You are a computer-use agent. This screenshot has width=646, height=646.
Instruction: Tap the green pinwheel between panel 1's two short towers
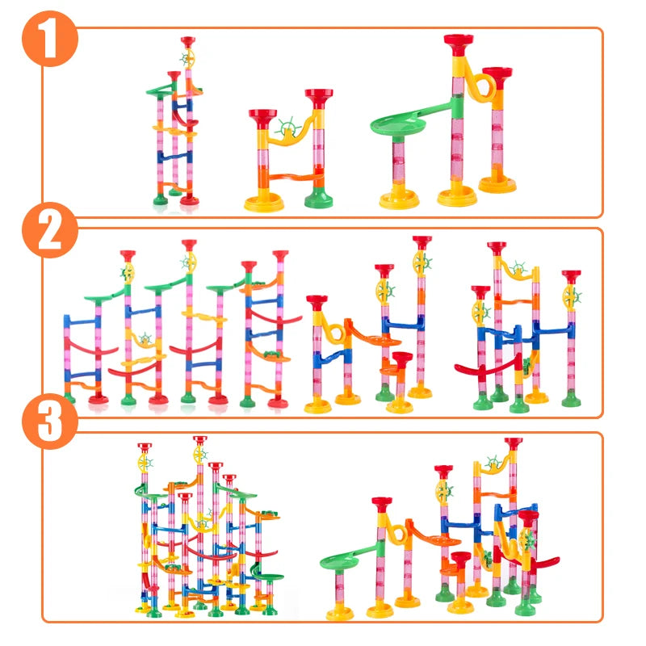[x=285, y=128]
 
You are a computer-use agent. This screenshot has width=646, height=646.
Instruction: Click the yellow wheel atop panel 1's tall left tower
[x=188, y=58]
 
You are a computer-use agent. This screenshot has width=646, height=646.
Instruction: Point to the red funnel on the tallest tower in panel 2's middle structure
[x=421, y=241]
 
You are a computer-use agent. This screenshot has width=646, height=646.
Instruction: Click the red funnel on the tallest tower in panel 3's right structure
[x=513, y=443]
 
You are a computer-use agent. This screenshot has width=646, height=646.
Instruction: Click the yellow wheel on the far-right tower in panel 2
[x=573, y=296]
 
